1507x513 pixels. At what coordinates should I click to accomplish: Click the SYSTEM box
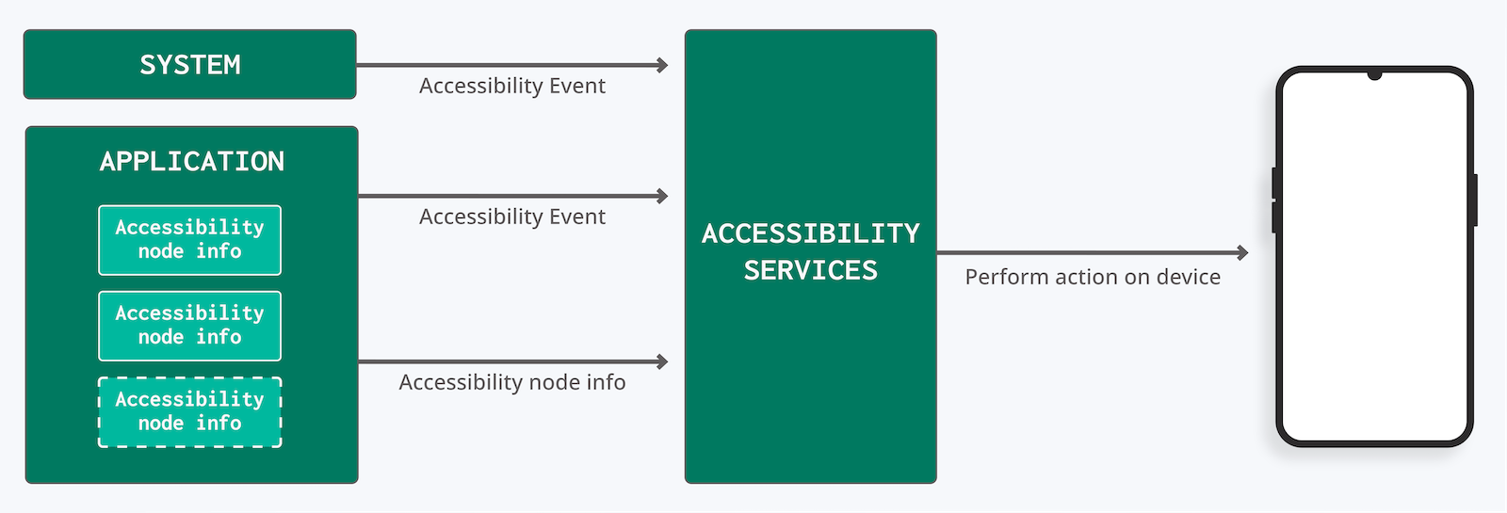coord(189,65)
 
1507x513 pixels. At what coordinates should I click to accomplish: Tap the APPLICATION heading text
coord(192,162)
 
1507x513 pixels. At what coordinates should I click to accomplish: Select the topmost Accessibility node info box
coord(189,240)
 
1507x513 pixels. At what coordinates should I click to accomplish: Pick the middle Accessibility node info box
coord(189,326)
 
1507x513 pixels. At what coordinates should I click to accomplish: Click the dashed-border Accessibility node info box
coord(189,412)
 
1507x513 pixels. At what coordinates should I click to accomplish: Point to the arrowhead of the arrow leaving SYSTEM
coord(663,65)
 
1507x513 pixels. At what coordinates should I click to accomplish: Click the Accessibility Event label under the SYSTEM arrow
coord(511,87)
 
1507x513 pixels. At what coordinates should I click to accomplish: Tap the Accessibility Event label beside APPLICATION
coord(511,217)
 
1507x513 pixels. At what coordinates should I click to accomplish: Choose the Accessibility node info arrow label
coord(511,382)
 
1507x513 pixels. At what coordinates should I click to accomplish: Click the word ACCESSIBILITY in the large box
coord(810,233)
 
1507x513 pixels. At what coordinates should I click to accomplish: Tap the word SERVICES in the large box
coord(810,271)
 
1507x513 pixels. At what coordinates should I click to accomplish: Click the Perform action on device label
coord(1093,278)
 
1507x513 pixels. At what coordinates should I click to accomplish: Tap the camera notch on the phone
coord(1374,74)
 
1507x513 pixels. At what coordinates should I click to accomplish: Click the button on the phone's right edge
coord(1474,200)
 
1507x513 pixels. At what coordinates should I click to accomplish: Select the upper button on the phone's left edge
coord(1274,183)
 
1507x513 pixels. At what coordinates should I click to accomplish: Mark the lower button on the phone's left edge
coord(1274,217)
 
